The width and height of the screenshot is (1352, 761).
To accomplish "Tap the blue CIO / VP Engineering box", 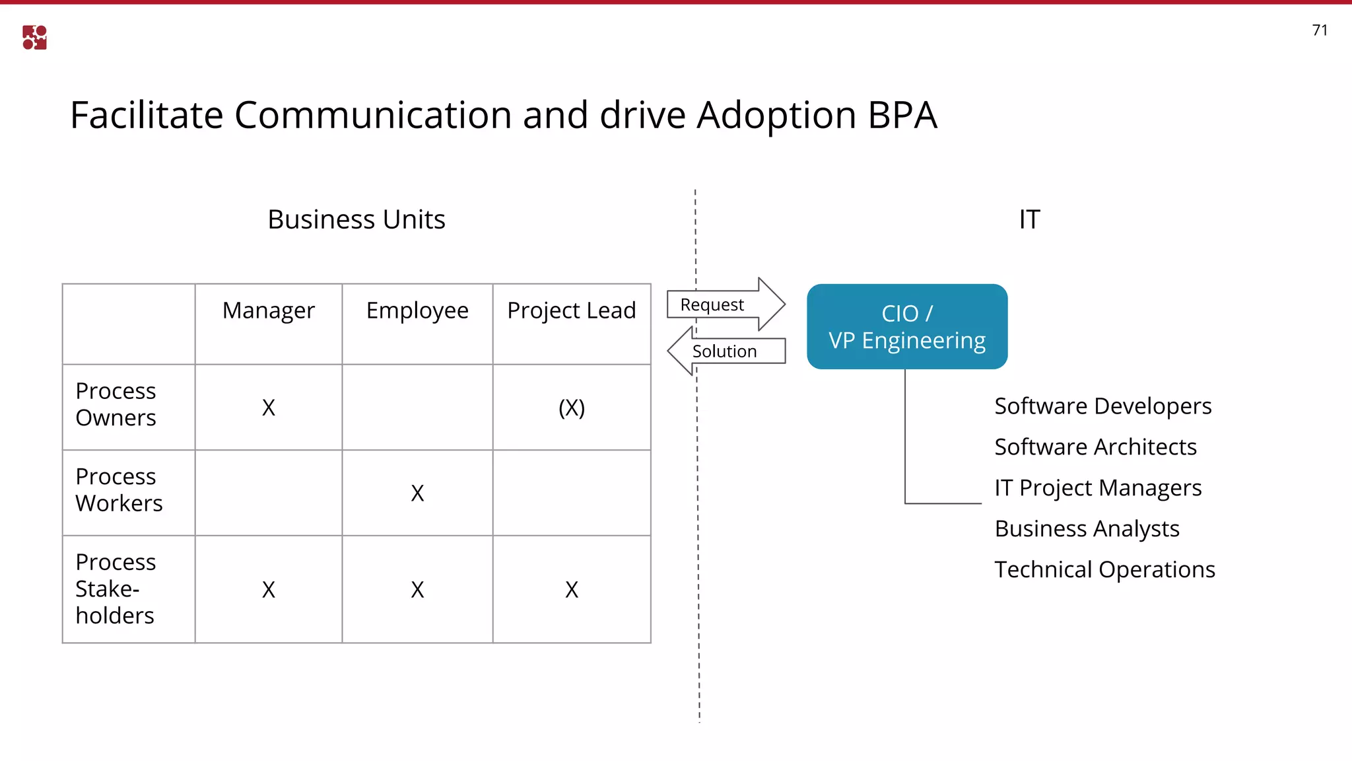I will coord(907,326).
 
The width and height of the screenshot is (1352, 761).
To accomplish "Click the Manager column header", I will coord(268,310).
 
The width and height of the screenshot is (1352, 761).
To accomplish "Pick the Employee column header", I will coord(417,310).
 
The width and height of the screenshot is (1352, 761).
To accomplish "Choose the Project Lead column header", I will coord(572,310).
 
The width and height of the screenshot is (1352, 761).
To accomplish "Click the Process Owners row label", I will coord(116,404).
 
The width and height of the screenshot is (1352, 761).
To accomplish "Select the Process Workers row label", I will coord(119,489).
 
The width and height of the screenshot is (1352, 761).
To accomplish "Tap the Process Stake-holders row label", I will coord(116,589).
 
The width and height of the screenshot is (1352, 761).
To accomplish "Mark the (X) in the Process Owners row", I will coord(572,408).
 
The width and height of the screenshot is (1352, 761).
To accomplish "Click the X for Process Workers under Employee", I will coord(417,493).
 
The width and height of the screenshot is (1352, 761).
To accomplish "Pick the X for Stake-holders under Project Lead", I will coord(572,589).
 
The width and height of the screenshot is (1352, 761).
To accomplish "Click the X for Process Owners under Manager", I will coord(268,408).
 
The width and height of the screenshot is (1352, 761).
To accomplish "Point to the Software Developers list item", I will coord(1102,406).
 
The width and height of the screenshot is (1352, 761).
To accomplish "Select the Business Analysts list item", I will coord(1087,528).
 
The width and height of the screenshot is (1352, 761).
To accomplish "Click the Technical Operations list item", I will coord(1104,569).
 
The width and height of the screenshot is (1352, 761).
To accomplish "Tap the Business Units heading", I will coord(356,219).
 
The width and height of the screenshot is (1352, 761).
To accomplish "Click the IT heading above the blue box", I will coord(1029,219).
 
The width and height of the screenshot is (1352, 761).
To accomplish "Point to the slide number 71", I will coord(1320,30).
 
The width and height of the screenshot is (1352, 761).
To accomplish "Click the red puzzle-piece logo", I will coord(34,38).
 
